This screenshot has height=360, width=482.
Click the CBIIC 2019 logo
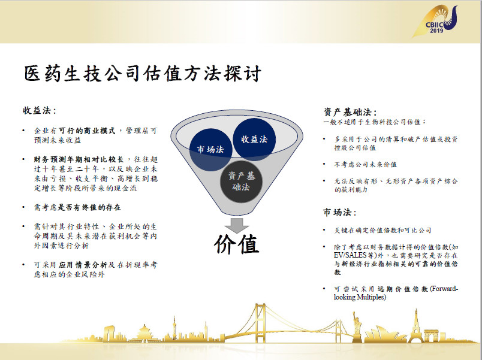[x=435, y=22]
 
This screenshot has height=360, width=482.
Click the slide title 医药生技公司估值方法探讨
[x=143, y=74]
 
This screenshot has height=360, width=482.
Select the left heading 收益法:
[x=40, y=111]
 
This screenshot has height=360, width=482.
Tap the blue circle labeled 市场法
[x=210, y=150]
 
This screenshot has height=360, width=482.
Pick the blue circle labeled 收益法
[x=254, y=140]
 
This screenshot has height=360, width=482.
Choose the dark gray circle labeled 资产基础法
[x=242, y=181]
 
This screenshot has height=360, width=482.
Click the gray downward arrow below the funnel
[x=237, y=225]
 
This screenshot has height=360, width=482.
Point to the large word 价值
[x=237, y=244]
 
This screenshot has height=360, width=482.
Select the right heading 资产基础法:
[x=350, y=112]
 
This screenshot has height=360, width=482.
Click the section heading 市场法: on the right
[x=340, y=212]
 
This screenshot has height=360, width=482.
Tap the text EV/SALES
[x=350, y=255]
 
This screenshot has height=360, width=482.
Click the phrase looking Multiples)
[x=360, y=297]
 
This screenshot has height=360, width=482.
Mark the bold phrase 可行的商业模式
[x=87, y=131]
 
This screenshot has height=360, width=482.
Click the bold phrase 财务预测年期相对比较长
[x=79, y=159]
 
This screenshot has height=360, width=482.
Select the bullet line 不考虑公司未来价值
[x=366, y=165]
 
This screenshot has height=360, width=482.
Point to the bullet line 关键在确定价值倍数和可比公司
[x=382, y=231]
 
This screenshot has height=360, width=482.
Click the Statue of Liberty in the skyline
[x=357, y=326]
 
